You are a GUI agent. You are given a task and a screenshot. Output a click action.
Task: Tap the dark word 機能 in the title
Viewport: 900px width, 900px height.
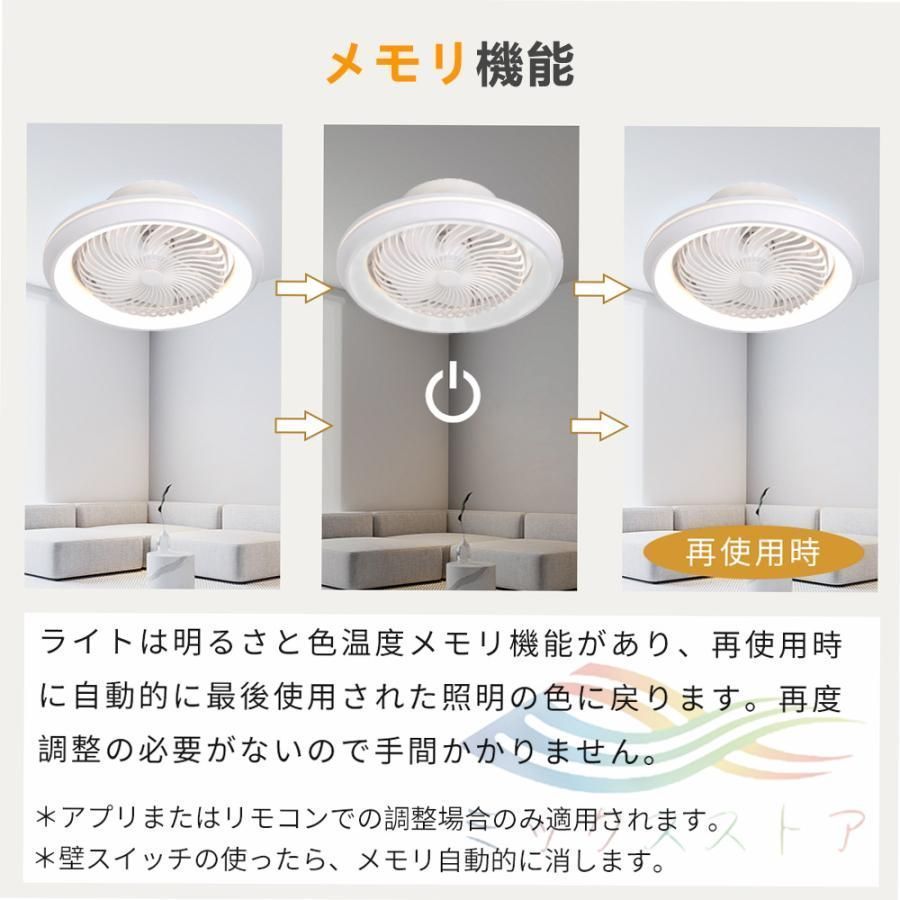(x=526, y=65)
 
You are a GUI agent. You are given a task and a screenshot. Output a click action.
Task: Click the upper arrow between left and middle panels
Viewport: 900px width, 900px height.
(x=303, y=289)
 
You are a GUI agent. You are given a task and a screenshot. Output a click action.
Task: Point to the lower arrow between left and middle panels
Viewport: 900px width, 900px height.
(x=303, y=425)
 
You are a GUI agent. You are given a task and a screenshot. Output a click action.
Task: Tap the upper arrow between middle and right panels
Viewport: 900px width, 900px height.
(x=600, y=289)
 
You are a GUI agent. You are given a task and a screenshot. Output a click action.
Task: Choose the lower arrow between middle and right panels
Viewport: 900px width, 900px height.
(x=600, y=425)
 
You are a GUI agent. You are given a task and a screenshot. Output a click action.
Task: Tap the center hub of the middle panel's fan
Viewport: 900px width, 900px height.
(x=452, y=274)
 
